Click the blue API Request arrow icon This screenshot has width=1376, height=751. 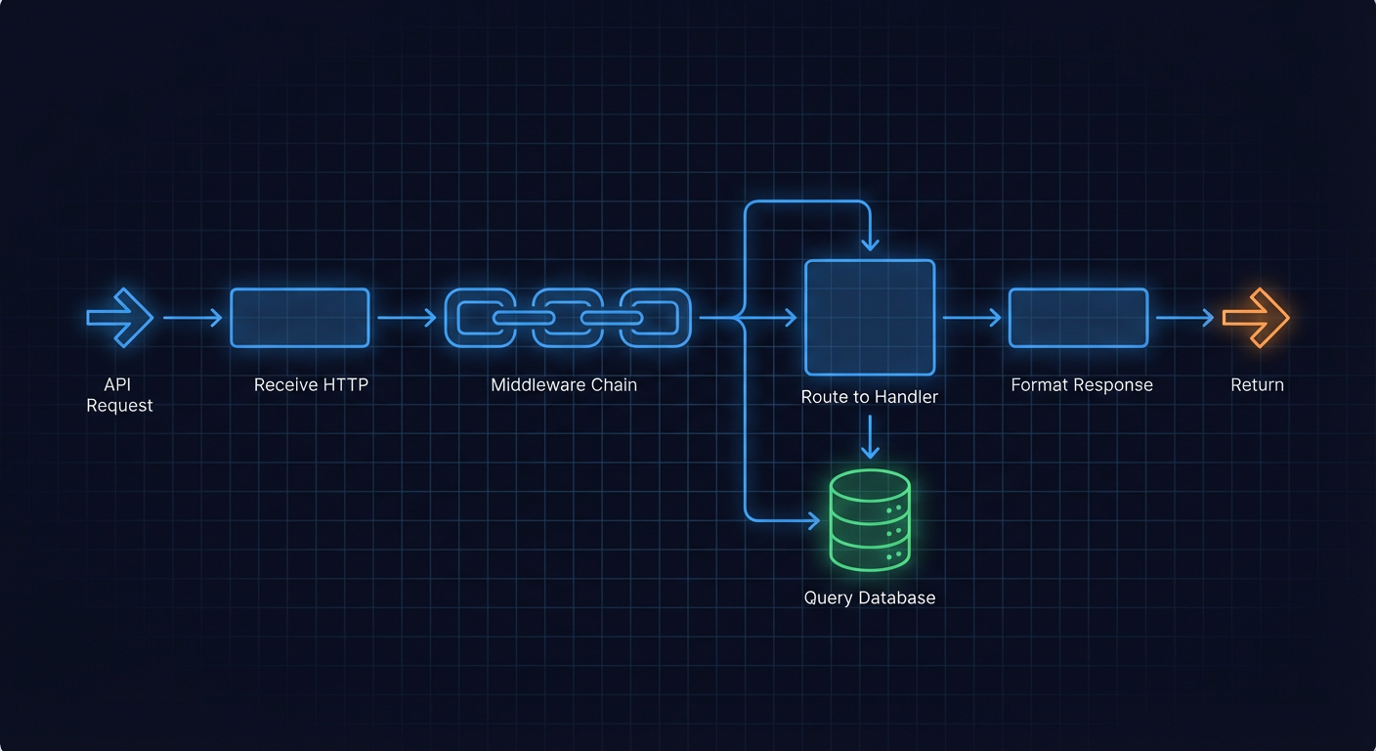pos(120,318)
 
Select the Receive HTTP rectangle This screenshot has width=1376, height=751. pos(300,318)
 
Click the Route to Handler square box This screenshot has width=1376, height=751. pos(870,318)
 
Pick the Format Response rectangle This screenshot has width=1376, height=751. pos(1078,318)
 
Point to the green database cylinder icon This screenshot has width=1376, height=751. pos(870,520)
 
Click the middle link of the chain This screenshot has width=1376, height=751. pos(568,318)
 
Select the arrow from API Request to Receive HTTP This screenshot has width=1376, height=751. pos(193,318)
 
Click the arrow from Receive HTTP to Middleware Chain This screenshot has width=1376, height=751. pos(407,318)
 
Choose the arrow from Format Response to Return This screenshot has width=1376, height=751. pos(1184,318)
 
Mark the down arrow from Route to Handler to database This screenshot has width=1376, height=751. pos(870,437)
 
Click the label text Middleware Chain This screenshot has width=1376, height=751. pos(564,385)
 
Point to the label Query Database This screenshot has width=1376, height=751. pos(870,598)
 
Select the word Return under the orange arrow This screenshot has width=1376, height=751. pos(1257,385)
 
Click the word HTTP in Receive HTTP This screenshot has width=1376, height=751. pos(342,385)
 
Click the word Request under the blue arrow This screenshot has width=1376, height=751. pos(119,406)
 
